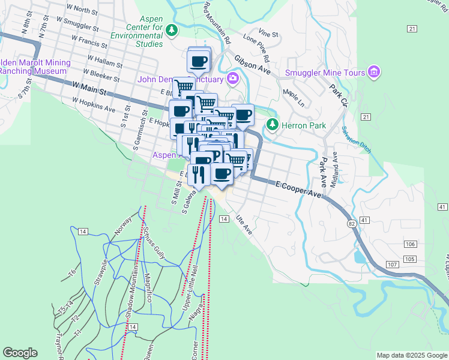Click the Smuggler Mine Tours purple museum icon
[375, 73]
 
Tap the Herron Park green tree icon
[273, 125]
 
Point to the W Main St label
[89, 89]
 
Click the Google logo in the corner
[20, 353]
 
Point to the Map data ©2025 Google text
[411, 355]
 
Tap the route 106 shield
[410, 244]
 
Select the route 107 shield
[393, 265]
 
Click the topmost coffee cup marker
[199, 60]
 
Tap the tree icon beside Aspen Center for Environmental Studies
[172, 29]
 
